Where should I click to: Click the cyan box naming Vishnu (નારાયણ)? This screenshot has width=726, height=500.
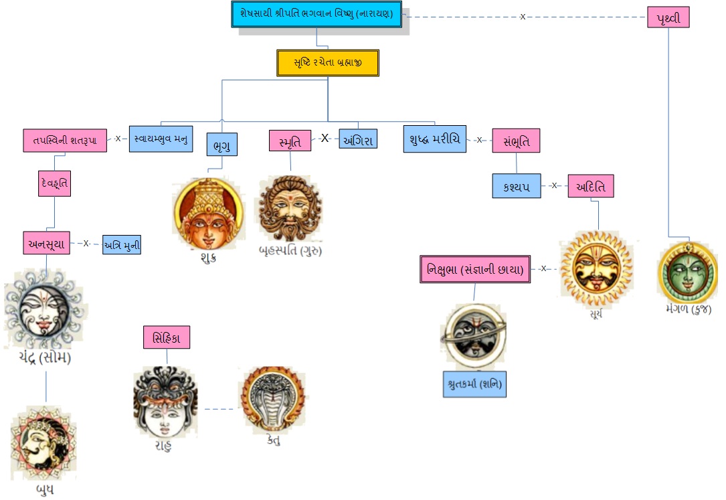[316, 14]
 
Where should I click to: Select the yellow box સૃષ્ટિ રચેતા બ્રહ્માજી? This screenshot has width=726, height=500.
[328, 63]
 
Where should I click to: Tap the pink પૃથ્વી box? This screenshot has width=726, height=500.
[668, 17]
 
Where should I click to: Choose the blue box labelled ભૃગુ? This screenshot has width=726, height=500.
[222, 145]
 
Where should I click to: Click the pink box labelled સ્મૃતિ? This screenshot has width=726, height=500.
[290, 141]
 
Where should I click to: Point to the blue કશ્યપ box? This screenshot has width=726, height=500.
[517, 186]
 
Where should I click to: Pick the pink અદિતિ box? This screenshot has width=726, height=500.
[591, 186]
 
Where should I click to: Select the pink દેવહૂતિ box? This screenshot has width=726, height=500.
[55, 183]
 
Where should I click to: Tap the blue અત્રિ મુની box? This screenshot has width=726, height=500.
[122, 245]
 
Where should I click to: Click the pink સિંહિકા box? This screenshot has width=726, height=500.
[167, 337]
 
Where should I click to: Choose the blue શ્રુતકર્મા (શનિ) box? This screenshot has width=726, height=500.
[474, 384]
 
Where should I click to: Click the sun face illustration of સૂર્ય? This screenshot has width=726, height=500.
[597, 268]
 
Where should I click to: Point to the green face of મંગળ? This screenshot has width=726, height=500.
[688, 272]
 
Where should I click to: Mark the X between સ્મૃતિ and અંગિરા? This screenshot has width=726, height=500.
[325, 138]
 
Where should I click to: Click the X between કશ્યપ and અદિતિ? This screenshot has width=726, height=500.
[554, 185]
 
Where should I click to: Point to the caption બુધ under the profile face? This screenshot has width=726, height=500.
[45, 489]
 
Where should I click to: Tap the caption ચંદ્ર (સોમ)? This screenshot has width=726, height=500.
[45, 357]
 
